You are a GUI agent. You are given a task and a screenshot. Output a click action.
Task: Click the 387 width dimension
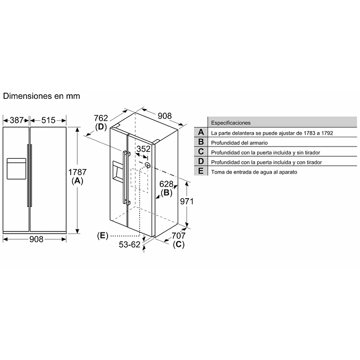coord(16,120)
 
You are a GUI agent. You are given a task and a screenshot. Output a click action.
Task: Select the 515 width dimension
coord(48,120)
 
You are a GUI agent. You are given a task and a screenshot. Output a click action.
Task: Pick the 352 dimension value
coord(143,149)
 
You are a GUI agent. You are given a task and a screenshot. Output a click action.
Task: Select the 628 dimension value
coord(167,184)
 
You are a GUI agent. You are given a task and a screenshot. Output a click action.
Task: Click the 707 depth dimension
coord(178,236)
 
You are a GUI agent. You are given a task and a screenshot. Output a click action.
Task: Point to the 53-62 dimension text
coord(130,244)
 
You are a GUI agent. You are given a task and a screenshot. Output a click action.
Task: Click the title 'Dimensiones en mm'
coord(41,96)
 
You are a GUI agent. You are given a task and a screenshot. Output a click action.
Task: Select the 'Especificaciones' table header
coord(231,123)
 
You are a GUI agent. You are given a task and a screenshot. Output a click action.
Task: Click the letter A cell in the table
coord(201,133)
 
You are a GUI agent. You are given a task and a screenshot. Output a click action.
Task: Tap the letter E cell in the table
coord(201,172)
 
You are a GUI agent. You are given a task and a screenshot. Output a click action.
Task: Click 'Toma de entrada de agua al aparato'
coord(254,172)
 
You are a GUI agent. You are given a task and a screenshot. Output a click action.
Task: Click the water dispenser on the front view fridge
coord(16,168)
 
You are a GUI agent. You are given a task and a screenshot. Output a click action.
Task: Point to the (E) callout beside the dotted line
coord(102,236)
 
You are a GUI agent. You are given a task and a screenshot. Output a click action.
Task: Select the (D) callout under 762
coord(101,127)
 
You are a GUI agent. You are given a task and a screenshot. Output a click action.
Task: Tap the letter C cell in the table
coord(201,152)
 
